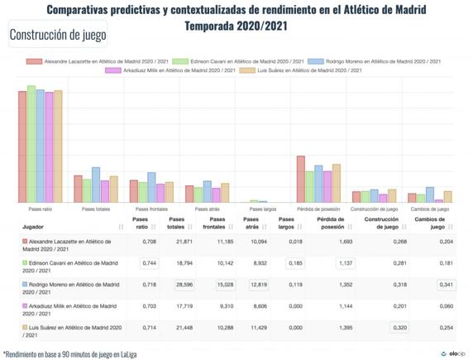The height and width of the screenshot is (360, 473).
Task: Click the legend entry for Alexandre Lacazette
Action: (97, 61)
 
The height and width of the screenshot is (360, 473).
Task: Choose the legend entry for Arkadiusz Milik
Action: (164, 71)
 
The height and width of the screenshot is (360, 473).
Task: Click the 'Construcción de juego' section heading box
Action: (55, 36)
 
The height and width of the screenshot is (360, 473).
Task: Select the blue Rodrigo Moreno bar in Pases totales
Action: (96, 185)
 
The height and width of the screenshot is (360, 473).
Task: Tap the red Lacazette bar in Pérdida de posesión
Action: (301, 179)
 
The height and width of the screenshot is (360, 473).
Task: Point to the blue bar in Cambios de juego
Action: (430, 194)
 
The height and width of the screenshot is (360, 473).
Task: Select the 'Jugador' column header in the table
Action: (34, 226)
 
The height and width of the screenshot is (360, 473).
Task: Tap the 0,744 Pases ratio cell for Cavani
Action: (149, 262)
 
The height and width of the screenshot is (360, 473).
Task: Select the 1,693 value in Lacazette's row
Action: (345, 242)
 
